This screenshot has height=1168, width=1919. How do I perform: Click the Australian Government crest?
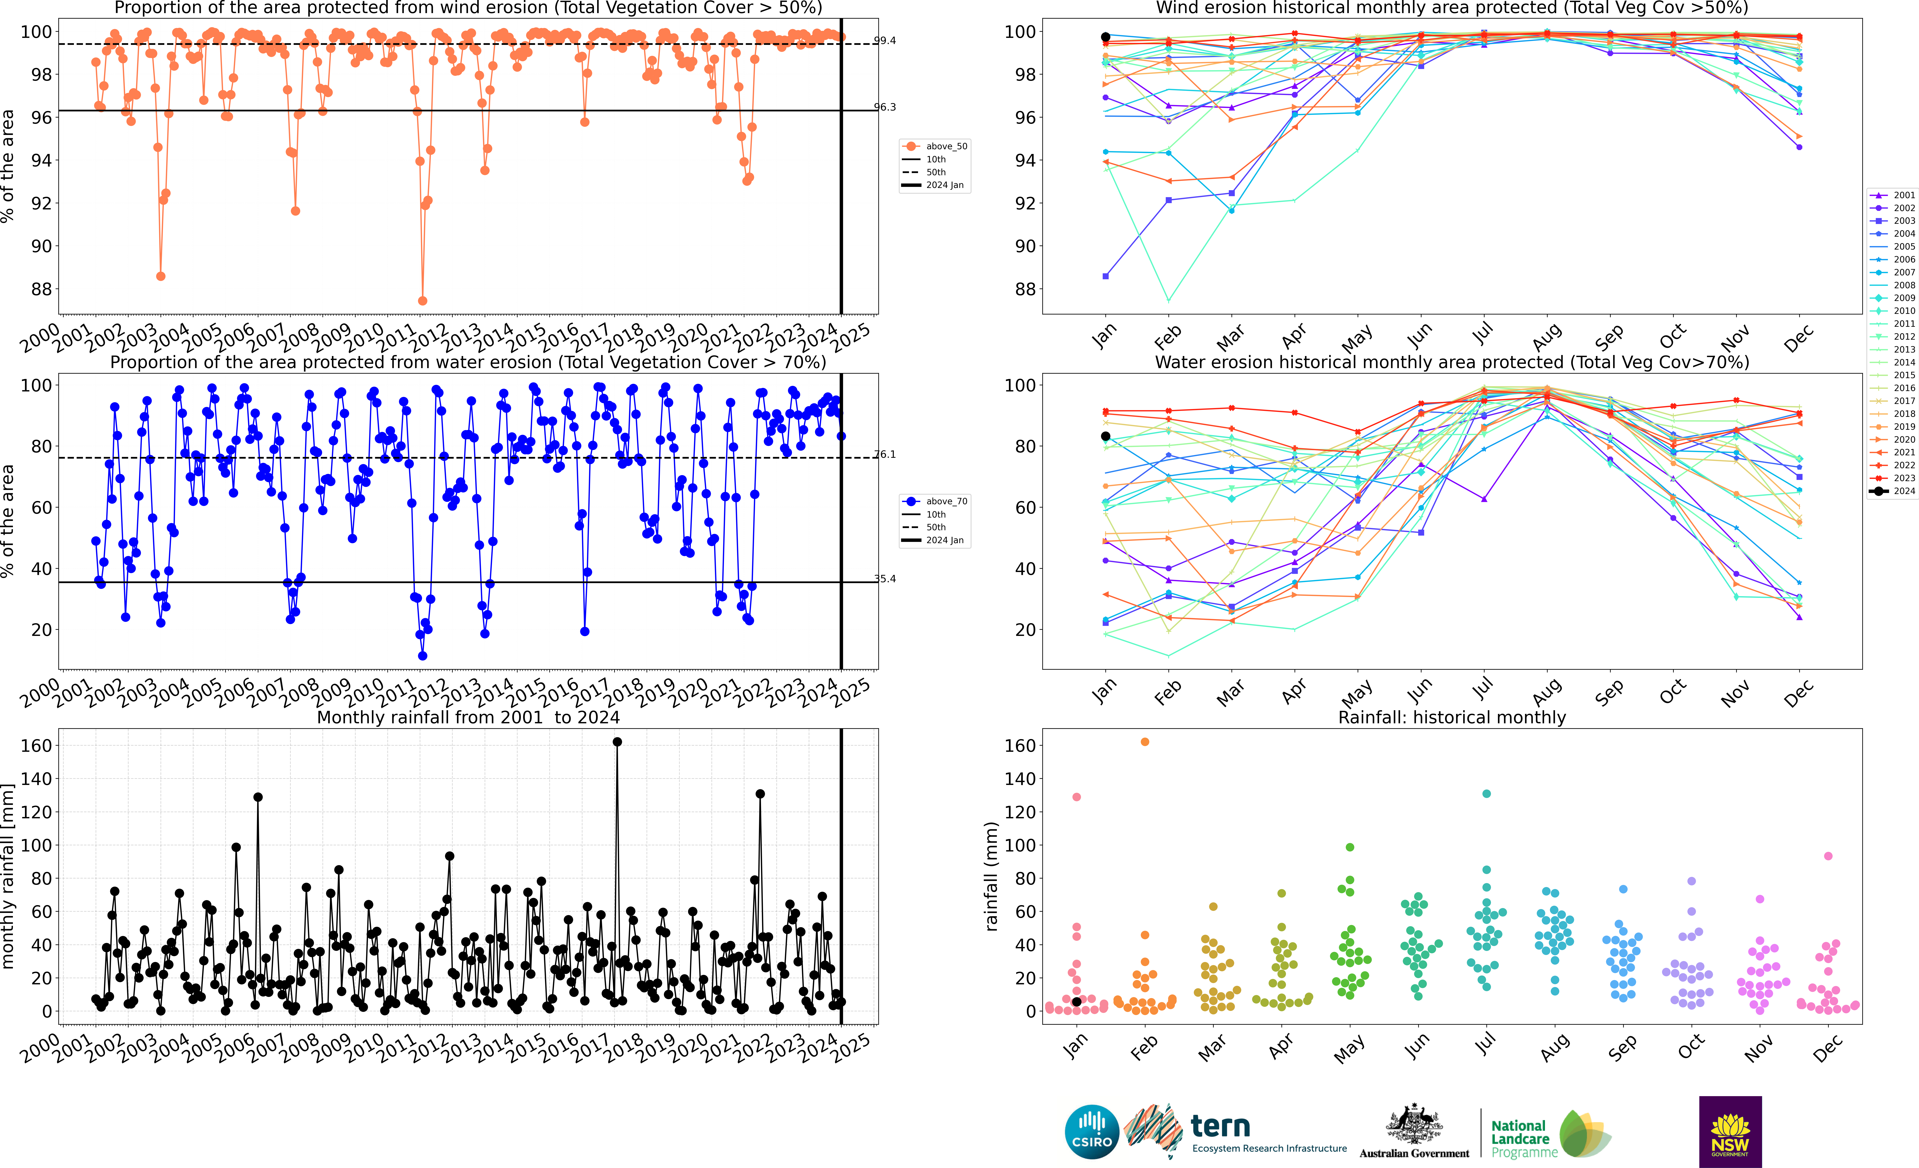click(1414, 1125)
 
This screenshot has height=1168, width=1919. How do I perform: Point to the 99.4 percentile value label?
click(885, 41)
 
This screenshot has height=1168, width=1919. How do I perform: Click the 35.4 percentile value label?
click(885, 579)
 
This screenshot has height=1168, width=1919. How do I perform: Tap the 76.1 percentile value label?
click(885, 454)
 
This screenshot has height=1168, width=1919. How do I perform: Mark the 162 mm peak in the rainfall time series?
click(617, 742)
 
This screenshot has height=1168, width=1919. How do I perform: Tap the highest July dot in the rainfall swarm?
click(1487, 794)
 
